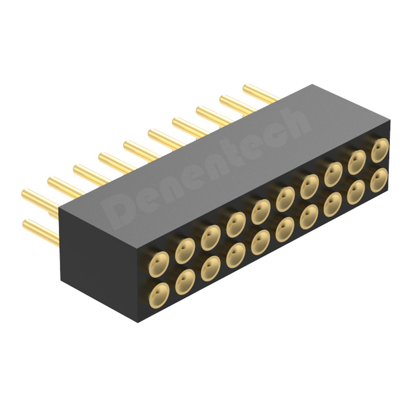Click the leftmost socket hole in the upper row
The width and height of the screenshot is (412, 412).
(x=159, y=264)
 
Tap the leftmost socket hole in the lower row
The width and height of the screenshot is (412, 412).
(x=159, y=295)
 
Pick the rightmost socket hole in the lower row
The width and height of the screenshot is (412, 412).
(x=379, y=180)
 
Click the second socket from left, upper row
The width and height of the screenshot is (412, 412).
(x=185, y=251)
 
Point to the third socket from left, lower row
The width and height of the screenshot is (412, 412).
(x=211, y=268)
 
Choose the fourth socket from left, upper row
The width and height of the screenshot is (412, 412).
(x=236, y=225)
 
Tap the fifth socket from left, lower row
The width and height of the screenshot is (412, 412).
(x=261, y=243)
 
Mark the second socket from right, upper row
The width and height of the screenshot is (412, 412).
(x=356, y=162)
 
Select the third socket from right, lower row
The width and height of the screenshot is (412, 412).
(x=333, y=204)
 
